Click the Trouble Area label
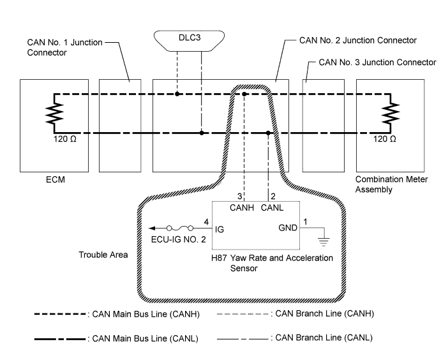tap(103, 255)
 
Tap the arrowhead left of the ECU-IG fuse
tap(151, 227)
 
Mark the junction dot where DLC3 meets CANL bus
tap(202, 133)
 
